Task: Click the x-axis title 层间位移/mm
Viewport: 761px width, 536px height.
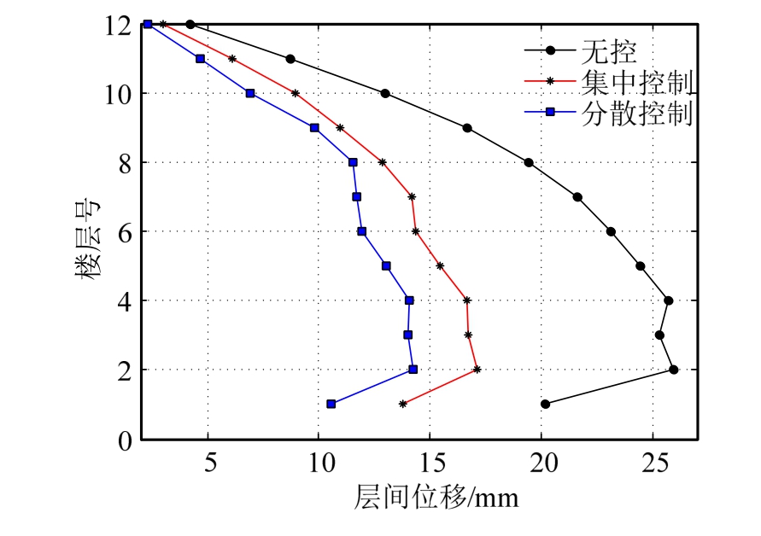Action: [436, 498]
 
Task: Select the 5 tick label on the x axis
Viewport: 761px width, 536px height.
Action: [208, 461]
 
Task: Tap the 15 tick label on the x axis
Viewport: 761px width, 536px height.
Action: [430, 461]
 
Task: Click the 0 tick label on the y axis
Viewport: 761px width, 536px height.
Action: [125, 440]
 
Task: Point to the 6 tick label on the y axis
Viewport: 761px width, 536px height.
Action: [125, 231]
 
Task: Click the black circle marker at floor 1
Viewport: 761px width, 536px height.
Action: [545, 404]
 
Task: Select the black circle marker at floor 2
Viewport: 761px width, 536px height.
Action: [673, 370]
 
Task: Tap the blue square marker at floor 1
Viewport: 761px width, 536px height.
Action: [331, 404]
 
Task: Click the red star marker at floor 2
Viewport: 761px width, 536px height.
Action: [477, 370]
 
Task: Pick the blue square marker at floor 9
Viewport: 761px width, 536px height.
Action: [314, 128]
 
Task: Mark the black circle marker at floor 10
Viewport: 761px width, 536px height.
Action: [385, 93]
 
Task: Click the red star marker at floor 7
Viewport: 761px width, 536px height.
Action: [412, 196]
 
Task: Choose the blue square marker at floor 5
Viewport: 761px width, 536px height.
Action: [386, 265]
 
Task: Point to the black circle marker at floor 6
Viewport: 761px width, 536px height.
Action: [611, 231]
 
